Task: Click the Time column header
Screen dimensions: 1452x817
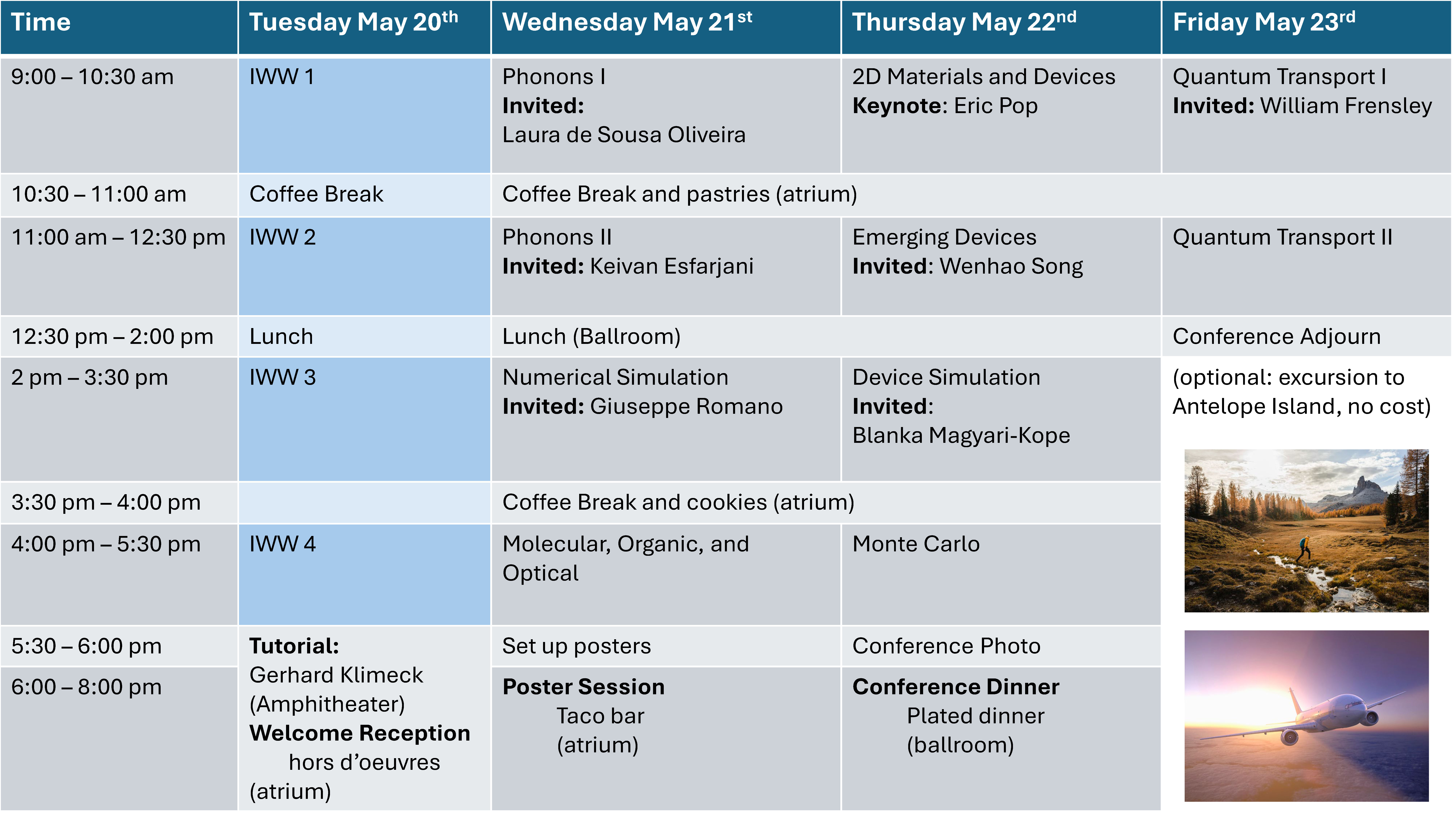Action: pos(41,23)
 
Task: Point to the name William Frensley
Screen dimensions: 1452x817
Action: pos(1346,106)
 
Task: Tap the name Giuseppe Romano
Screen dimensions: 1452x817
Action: pos(686,407)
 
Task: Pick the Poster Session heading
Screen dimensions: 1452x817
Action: pos(583,687)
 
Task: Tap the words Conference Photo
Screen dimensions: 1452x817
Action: pos(946,646)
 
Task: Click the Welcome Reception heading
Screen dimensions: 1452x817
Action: pos(360,733)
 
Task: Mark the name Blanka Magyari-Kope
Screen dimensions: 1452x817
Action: pos(961,436)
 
